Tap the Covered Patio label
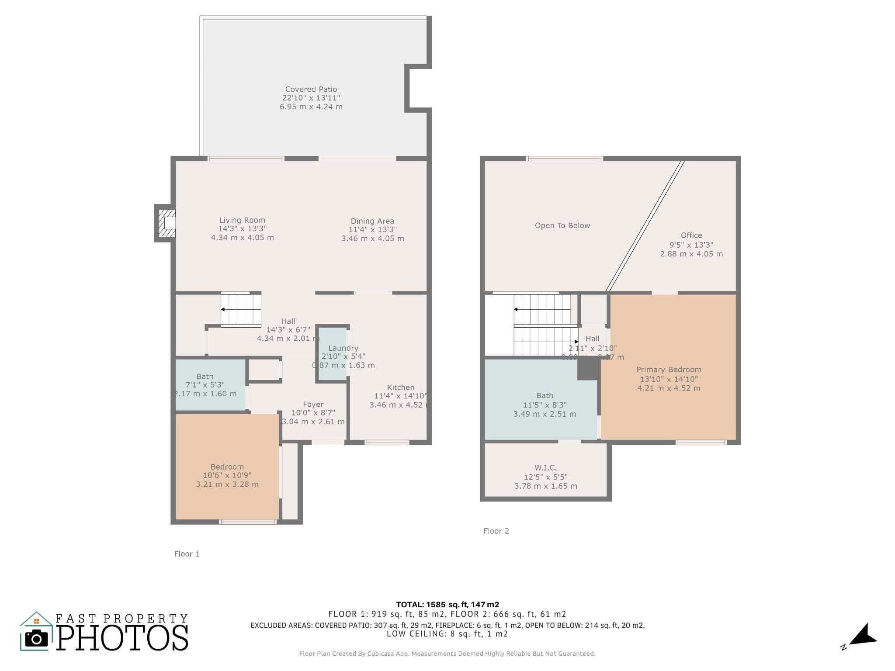tap(311, 89)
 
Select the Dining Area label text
tap(372, 221)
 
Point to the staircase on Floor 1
tap(241, 309)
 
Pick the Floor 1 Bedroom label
tap(227, 467)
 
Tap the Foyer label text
tap(313, 405)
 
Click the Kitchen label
tap(400, 387)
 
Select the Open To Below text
tap(562, 225)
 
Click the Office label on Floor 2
tap(691, 235)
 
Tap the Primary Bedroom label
tap(669, 370)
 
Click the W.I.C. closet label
tap(545, 468)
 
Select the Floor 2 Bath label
tap(545, 395)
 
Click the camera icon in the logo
tap(36, 639)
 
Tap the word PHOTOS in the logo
tap(122, 639)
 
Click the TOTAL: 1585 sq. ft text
tap(447, 605)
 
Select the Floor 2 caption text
tap(496, 531)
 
